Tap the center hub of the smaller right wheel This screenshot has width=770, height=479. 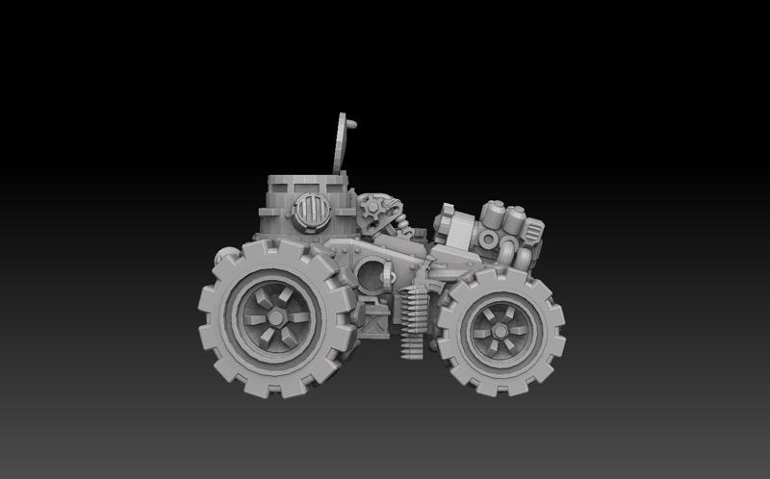500,330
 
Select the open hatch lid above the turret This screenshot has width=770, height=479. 340,143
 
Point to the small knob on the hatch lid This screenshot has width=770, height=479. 352,124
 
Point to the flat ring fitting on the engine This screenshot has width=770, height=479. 488,239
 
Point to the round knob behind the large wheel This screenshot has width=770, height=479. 223,256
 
